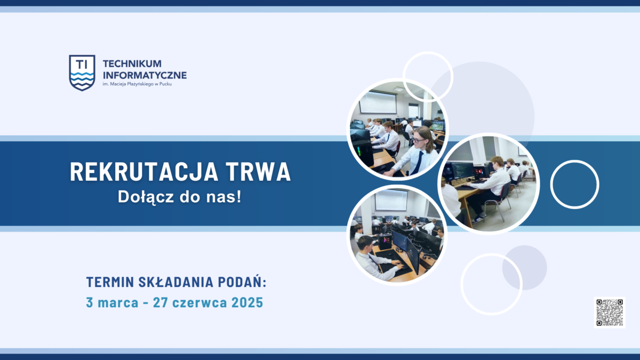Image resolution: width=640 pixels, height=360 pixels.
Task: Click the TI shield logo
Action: click(x=82, y=73)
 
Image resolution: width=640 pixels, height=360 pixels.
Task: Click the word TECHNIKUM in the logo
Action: click(x=132, y=63)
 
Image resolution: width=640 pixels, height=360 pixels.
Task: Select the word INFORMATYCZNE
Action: click(x=145, y=75)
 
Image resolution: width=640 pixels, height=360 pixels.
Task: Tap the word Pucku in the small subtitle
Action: click(x=166, y=84)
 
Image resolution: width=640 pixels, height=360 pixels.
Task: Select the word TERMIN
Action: click(x=110, y=282)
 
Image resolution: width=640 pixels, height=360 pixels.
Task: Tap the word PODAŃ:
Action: click(x=242, y=282)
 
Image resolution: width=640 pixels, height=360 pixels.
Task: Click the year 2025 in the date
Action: click(x=247, y=302)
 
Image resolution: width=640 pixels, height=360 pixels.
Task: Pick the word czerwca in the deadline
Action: click(x=199, y=302)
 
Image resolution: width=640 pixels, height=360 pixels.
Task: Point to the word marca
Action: click(x=118, y=302)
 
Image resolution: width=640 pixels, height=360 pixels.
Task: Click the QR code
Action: click(x=610, y=313)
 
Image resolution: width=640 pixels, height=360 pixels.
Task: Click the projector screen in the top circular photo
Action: click(x=378, y=102)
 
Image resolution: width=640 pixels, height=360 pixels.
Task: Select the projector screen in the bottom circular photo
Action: click(x=391, y=200)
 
